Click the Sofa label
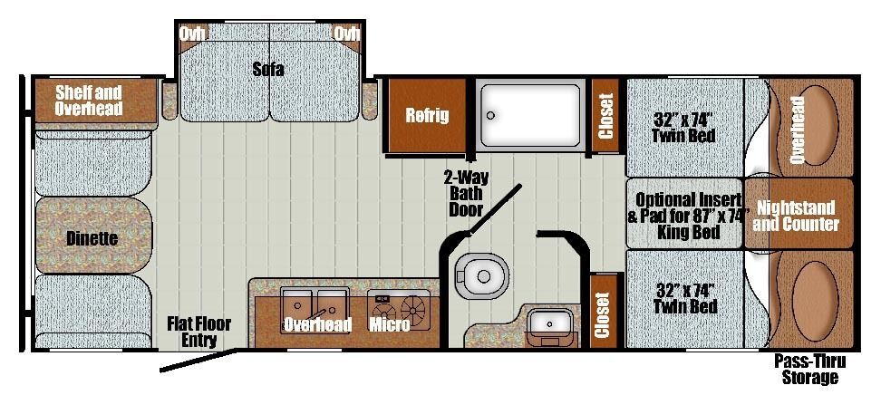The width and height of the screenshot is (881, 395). point(268,69)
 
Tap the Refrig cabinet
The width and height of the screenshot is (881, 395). point(428,116)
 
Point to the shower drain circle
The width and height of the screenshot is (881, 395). point(491,116)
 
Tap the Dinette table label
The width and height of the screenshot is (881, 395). point(92,238)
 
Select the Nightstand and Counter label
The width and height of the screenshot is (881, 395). point(796,216)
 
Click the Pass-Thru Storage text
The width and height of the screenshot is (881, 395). point(809,369)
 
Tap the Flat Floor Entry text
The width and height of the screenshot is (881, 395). point(198,332)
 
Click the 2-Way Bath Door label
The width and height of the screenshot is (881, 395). point(466,194)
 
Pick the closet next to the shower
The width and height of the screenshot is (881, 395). point(605,115)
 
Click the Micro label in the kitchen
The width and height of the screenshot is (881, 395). point(389,324)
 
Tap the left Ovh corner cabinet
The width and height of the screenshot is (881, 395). point(191,34)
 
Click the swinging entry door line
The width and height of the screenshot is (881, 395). point(198,361)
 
